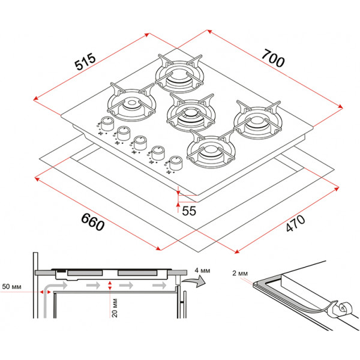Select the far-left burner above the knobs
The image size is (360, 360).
point(127,107)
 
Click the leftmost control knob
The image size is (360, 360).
point(107,124)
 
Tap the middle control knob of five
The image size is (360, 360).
point(140,143)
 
